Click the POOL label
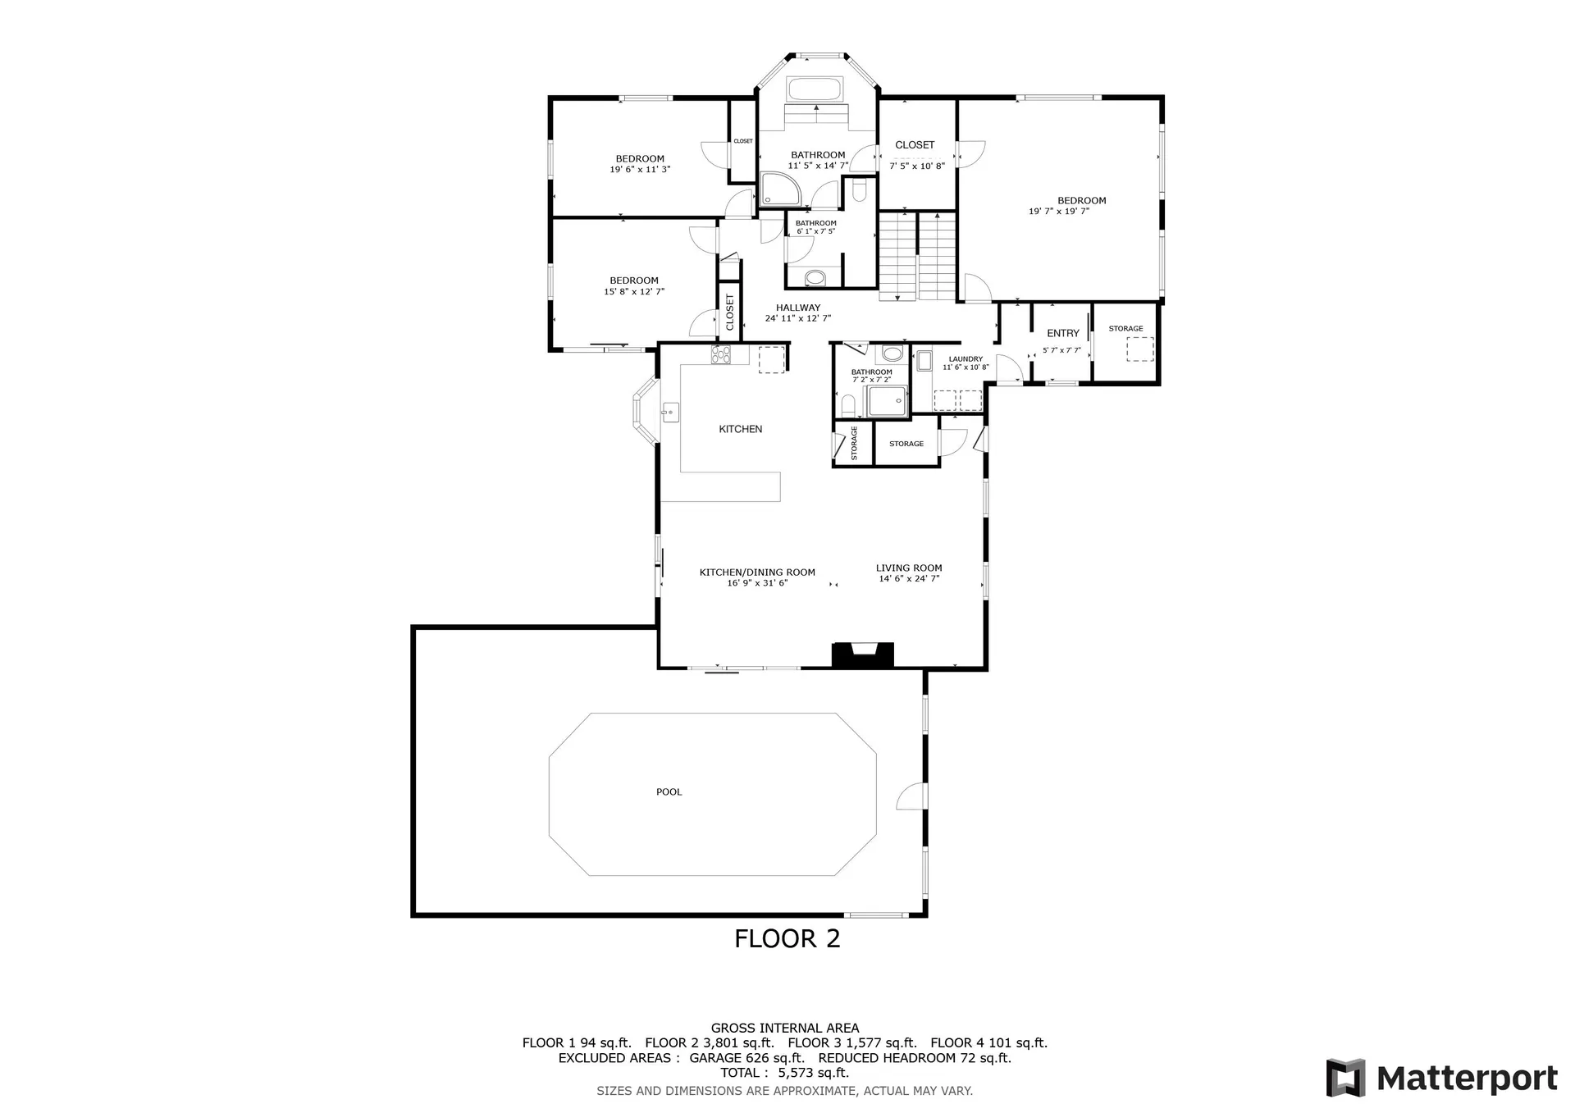click(x=669, y=792)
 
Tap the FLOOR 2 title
click(x=787, y=938)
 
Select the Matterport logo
click(x=1442, y=1078)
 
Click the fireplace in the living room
click(x=862, y=655)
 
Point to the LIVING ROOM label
click(x=909, y=568)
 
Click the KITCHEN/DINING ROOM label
click(x=757, y=572)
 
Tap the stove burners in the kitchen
click(x=721, y=354)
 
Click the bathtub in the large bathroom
click(x=815, y=89)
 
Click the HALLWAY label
click(x=798, y=308)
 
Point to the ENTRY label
click(x=1063, y=333)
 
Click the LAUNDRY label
click(x=966, y=359)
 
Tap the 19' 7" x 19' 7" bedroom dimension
click(x=1059, y=212)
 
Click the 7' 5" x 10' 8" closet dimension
click(x=917, y=166)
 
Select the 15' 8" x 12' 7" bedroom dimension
click(x=634, y=292)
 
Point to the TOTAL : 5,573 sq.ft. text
click(x=785, y=1073)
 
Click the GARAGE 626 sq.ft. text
click(x=746, y=1058)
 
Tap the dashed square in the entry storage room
click(x=1139, y=349)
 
